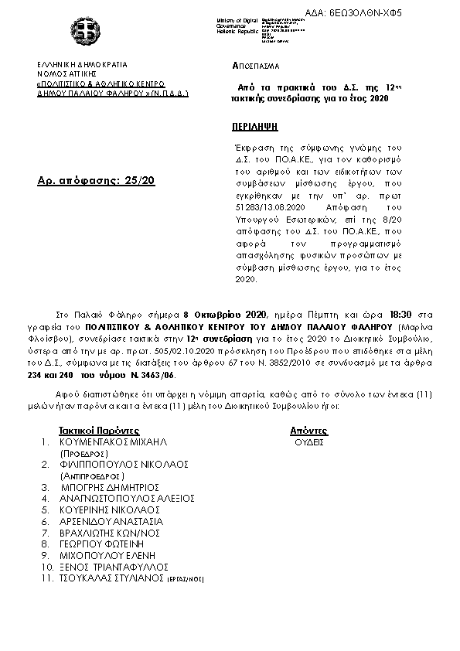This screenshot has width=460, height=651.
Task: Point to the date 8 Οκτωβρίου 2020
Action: [x=227, y=315]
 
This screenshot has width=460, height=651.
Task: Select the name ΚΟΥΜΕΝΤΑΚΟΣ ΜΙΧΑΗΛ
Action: [x=113, y=441]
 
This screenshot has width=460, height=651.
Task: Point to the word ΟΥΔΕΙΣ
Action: [x=309, y=442]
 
